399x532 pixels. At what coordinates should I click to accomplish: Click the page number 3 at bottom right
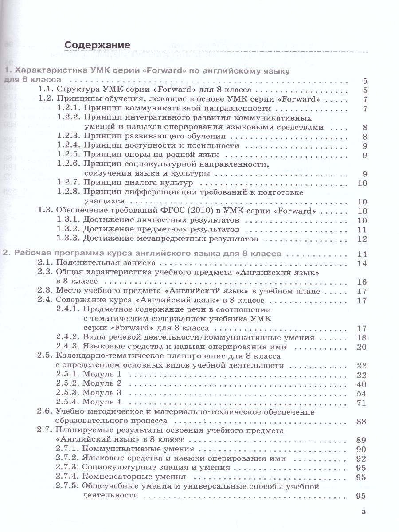click(x=364, y=512)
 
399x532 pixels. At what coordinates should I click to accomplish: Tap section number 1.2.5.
click(x=69, y=155)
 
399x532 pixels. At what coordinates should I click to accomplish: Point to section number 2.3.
click(x=46, y=291)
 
